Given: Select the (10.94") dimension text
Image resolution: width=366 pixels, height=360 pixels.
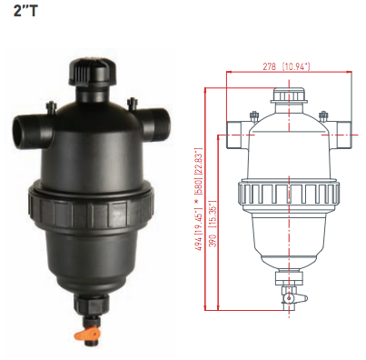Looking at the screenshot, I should tap(295, 66).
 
